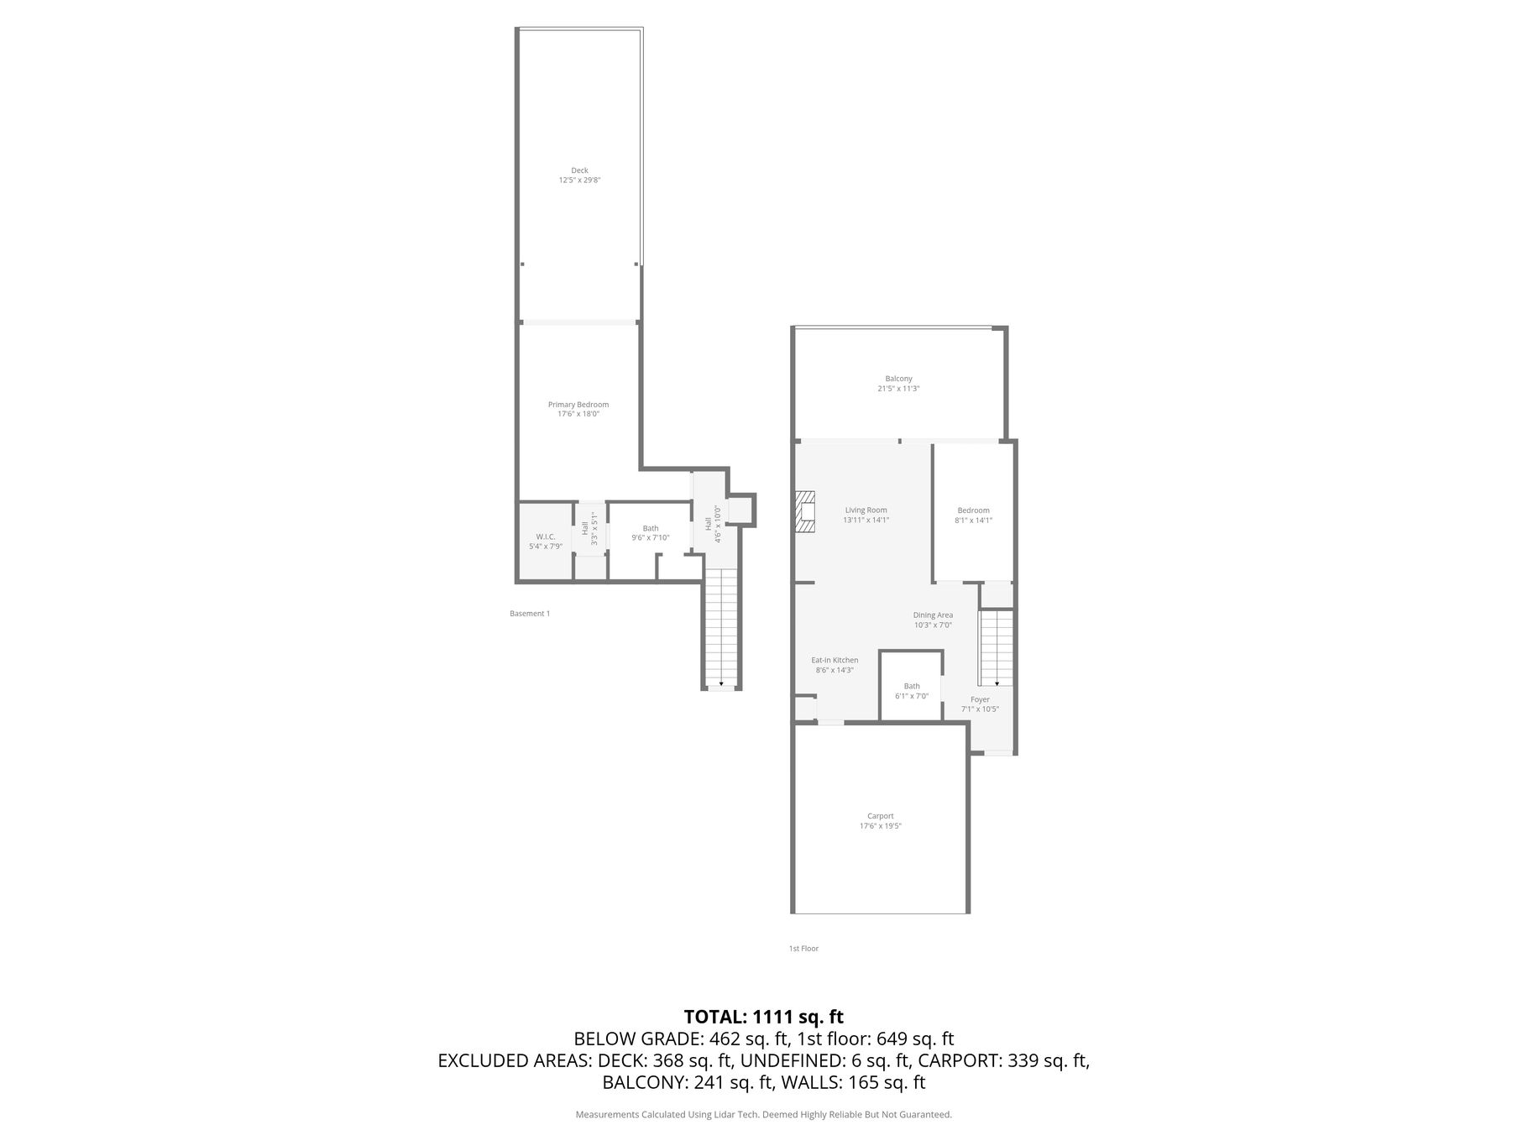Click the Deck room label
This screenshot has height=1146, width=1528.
[579, 170]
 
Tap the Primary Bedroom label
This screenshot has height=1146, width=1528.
[578, 405]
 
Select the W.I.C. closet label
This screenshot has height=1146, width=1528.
[545, 536]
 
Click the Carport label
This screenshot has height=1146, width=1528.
[881, 816]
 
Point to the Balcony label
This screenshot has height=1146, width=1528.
[898, 379]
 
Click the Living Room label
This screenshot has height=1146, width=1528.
[866, 510]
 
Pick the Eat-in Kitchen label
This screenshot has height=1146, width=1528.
[835, 661]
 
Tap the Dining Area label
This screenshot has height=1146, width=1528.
[933, 615]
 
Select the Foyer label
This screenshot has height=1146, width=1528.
[980, 699]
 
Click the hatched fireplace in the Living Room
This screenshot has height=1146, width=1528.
[805, 511]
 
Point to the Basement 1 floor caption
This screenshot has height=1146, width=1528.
[530, 614]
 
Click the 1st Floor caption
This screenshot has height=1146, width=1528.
[803, 949]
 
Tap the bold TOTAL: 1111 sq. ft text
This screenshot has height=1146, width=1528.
[763, 1018]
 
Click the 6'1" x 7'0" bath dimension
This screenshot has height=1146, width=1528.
[912, 696]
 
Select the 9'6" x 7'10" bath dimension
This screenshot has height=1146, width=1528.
[651, 537]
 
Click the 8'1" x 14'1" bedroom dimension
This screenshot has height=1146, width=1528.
[974, 520]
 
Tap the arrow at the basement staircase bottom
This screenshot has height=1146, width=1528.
[721, 685]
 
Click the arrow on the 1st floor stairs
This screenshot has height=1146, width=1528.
[997, 683]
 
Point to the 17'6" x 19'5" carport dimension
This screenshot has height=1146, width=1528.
[881, 826]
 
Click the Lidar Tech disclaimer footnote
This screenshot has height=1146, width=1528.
[763, 1115]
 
